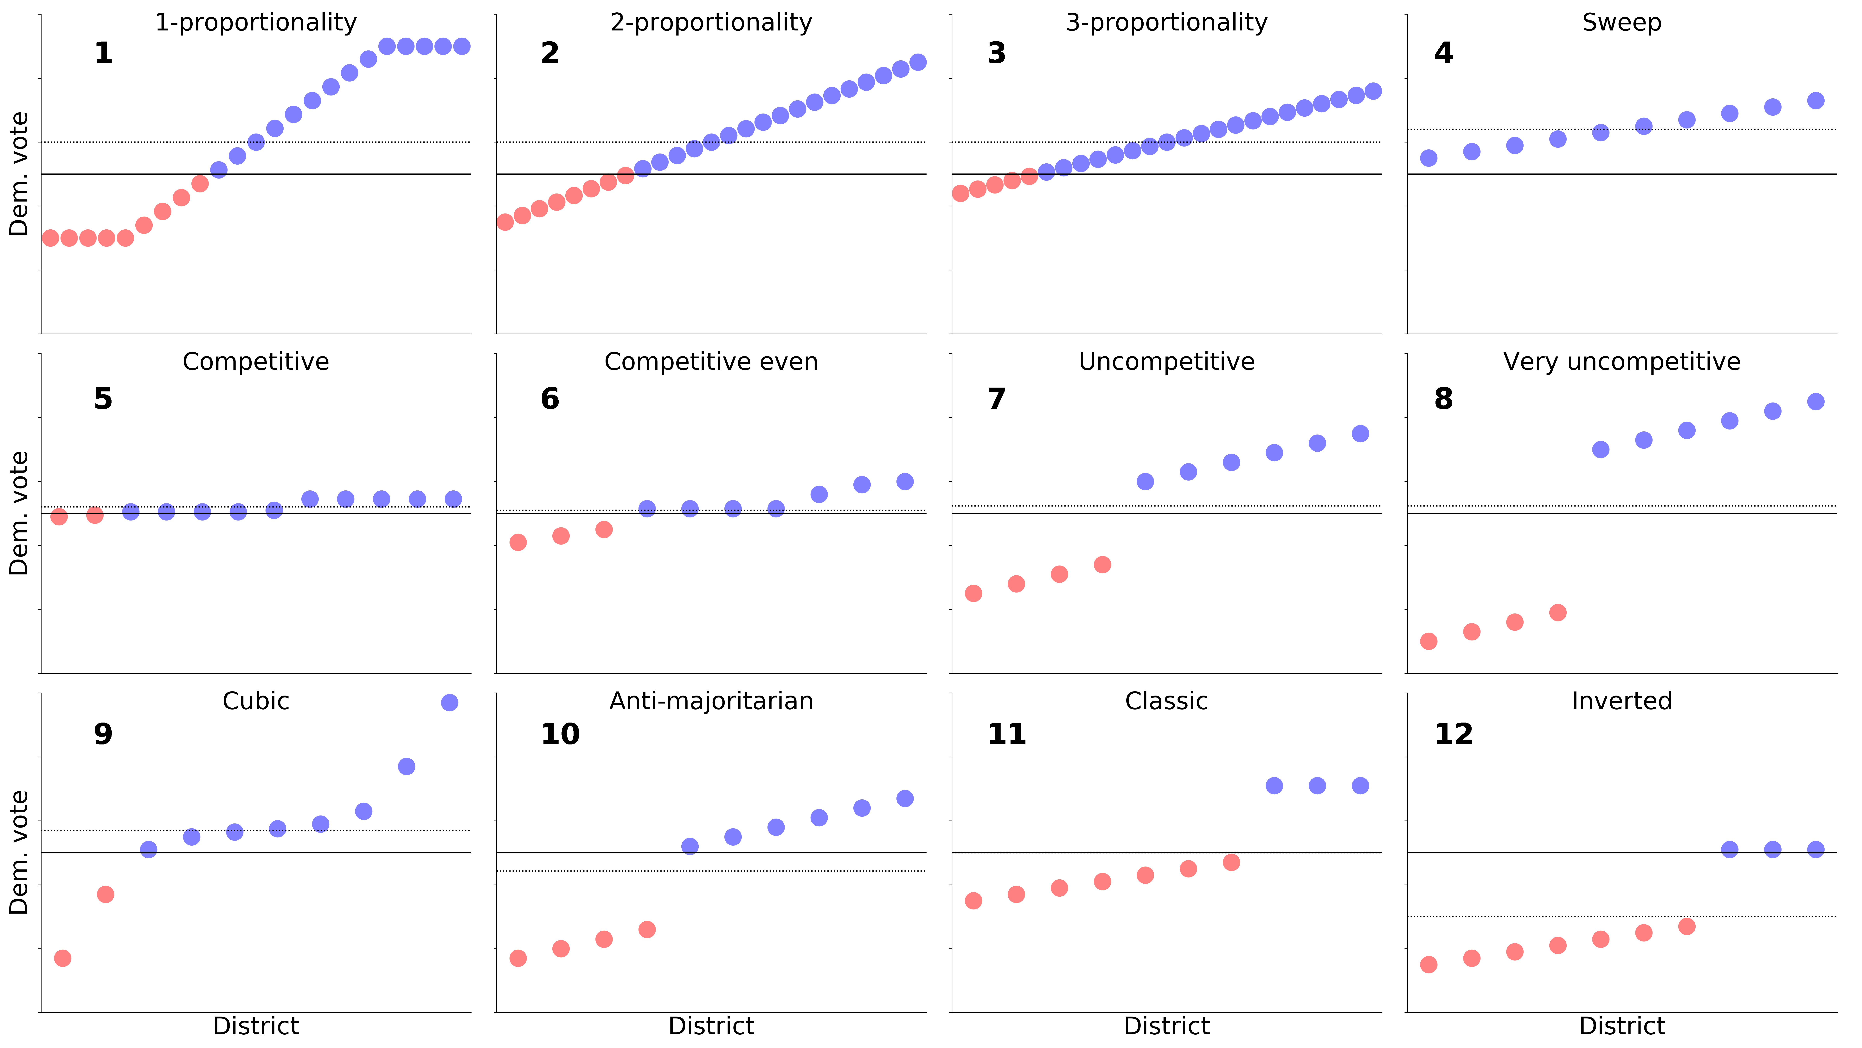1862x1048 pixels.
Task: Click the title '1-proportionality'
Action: [x=256, y=23]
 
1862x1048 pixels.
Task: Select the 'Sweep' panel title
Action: [x=1621, y=23]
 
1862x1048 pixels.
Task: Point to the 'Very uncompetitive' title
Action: [x=1621, y=362]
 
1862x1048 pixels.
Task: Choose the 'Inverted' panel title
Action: [x=1621, y=701]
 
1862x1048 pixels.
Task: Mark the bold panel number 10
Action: [x=560, y=734]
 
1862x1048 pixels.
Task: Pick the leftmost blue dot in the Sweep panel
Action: [x=1428, y=158]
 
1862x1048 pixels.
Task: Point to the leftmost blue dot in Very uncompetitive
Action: [x=1600, y=449]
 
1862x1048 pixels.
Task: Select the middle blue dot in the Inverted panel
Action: [x=1772, y=849]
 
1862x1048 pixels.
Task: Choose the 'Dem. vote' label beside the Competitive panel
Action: [x=19, y=513]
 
